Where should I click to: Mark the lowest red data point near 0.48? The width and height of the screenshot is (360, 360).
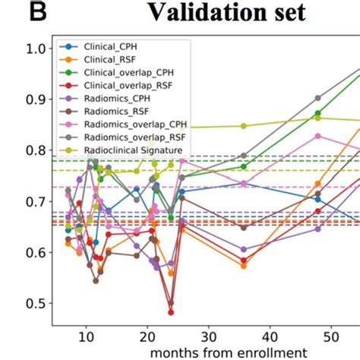coord(171,312)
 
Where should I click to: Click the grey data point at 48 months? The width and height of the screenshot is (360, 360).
coord(317,98)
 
